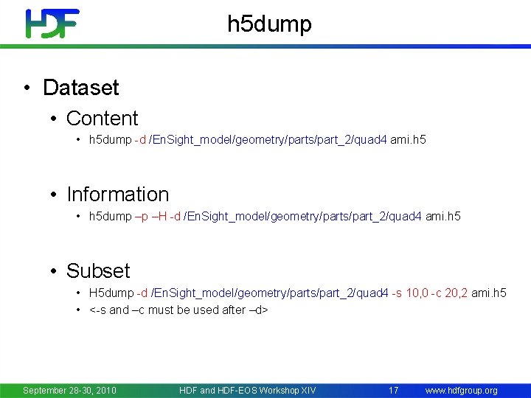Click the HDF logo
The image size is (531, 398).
[52, 24]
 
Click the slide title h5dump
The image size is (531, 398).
[269, 24]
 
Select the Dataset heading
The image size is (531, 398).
[80, 88]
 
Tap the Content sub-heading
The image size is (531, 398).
[102, 118]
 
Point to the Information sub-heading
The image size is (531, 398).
[117, 195]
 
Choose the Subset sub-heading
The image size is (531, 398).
[97, 270]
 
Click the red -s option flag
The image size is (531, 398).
[397, 293]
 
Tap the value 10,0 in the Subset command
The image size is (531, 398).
[417, 293]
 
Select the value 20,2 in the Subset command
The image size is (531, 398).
[457, 293]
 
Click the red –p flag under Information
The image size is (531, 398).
[142, 217]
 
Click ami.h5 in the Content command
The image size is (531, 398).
[408, 139]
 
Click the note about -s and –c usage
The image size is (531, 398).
[178, 310]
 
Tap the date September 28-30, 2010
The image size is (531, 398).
[70, 390]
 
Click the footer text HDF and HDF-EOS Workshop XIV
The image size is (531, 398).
[247, 390]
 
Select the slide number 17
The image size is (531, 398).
[393, 390]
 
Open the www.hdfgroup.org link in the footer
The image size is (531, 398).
[461, 390]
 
